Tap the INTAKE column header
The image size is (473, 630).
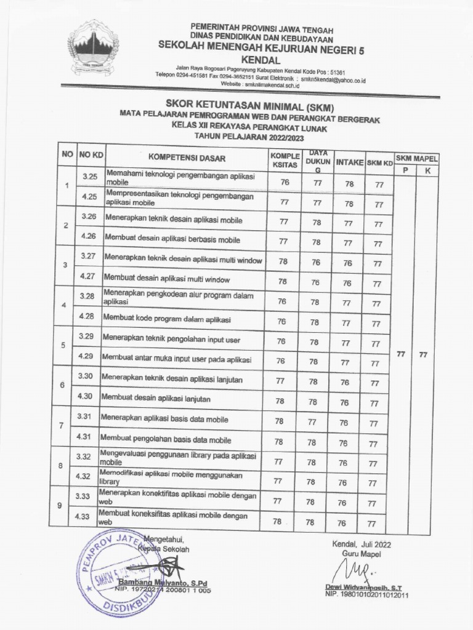[x=349, y=163]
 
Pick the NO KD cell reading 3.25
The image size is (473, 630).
[x=90, y=177]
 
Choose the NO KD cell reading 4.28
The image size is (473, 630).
[x=87, y=316]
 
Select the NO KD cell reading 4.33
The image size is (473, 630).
[x=82, y=517]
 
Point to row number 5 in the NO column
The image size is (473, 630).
[x=63, y=345]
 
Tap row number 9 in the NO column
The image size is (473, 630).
[x=59, y=505]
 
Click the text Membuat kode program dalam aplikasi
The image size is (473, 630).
[x=166, y=320]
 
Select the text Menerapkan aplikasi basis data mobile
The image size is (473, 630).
[x=164, y=420]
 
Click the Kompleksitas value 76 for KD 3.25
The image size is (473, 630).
[x=284, y=182]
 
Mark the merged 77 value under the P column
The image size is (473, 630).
[x=401, y=354]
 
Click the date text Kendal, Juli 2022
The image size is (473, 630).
[x=361, y=544]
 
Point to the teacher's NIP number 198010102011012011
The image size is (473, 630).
[x=366, y=595]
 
